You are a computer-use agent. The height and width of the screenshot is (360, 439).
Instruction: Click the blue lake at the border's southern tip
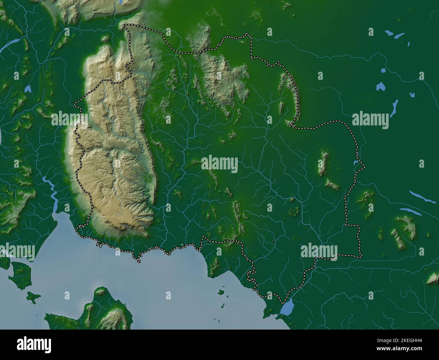(287, 308)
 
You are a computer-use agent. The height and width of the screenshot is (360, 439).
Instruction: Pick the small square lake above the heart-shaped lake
(383, 71)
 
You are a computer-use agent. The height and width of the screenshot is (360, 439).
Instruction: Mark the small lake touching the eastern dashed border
(356, 163)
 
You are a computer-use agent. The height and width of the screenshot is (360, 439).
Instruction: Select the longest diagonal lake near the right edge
(422, 197)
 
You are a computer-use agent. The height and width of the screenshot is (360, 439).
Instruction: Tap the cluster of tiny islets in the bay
(222, 292)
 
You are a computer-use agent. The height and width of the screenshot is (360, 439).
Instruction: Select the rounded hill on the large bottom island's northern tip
(100, 291)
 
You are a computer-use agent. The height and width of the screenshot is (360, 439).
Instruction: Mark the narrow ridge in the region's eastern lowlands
(324, 163)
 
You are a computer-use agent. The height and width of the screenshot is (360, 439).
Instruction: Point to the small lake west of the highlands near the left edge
(28, 89)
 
